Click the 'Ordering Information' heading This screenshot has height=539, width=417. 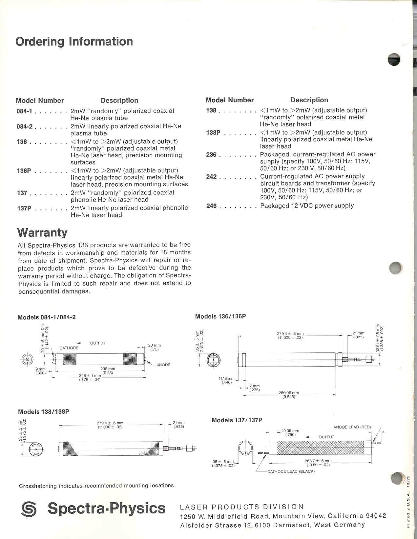[74, 42]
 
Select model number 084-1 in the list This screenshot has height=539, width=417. [24, 111]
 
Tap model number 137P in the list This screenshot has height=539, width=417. [24, 208]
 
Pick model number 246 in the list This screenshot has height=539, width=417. [211, 206]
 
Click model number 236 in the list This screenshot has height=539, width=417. [211, 155]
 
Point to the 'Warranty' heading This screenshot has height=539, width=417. [42, 232]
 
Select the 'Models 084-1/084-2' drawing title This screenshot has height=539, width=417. [47, 317]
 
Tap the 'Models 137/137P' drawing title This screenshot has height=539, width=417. [237, 420]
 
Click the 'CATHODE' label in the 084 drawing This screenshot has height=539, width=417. [69, 348]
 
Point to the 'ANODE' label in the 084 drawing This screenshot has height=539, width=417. [163, 365]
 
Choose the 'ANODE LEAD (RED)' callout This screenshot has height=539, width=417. [352, 427]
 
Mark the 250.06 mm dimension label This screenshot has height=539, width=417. [289, 393]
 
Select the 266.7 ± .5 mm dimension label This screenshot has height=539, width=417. [318, 461]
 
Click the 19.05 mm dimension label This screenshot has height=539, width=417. [290, 430]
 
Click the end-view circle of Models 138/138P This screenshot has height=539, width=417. [36, 449]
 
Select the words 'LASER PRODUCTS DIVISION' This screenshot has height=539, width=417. [242, 507]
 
